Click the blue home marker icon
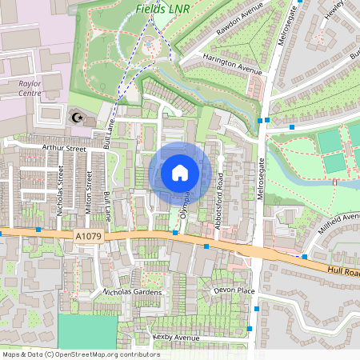pyautogui.click(x=180, y=172)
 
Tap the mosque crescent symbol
pyautogui.click(x=78, y=118)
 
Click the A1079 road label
pyautogui.click(x=90, y=236)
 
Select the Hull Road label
pyautogui.click(x=343, y=272)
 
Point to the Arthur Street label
pyautogui.click(x=63, y=148)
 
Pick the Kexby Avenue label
pyautogui.click(x=175, y=337)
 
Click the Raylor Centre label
pyautogui.click(x=31, y=87)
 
